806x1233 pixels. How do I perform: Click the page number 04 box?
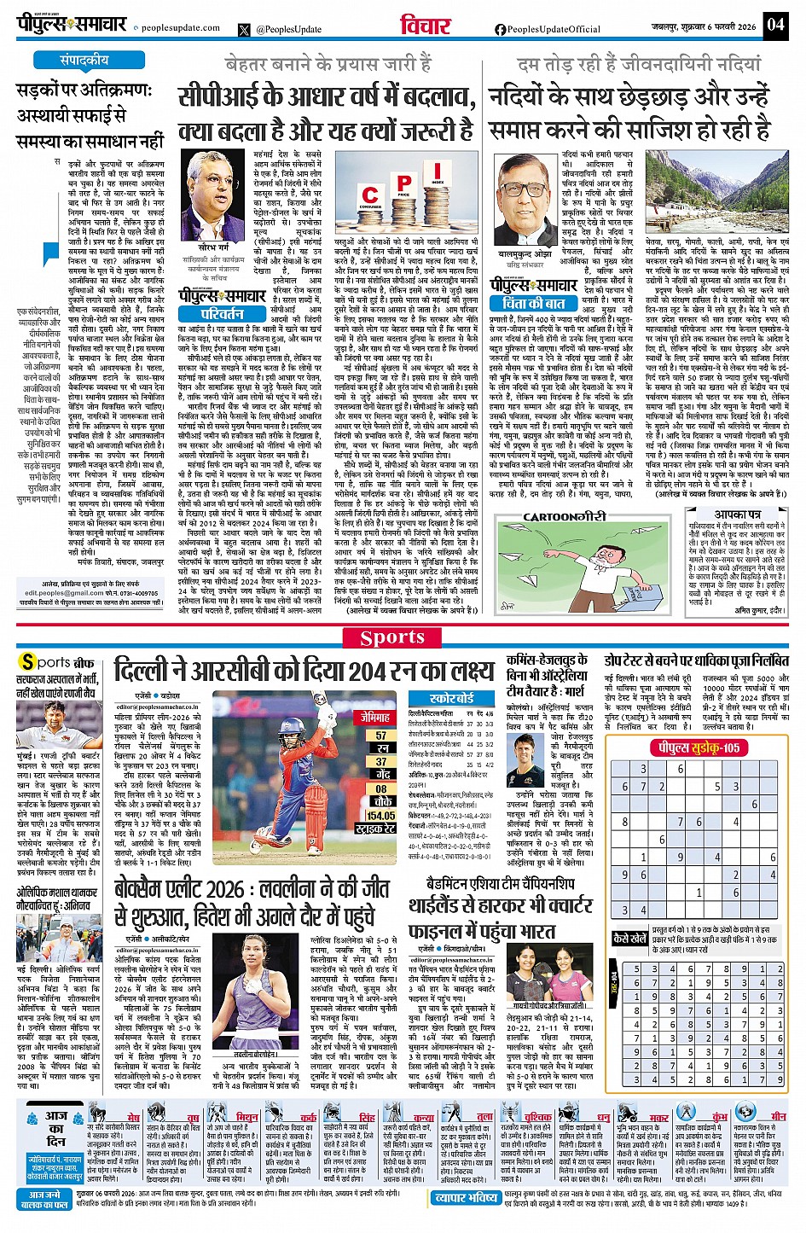tap(774, 24)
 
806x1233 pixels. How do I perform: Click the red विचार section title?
tap(426, 26)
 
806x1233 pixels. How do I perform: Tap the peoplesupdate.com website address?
tap(180, 28)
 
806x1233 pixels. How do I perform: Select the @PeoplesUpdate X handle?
tap(288, 29)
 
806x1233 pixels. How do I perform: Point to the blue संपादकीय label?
tap(84, 61)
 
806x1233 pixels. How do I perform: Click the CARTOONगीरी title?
tap(565, 517)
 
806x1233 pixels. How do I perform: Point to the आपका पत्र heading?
tap(738, 514)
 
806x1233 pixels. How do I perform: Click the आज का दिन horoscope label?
tap(56, 1127)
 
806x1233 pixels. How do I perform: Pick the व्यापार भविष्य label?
tap(467, 1197)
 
